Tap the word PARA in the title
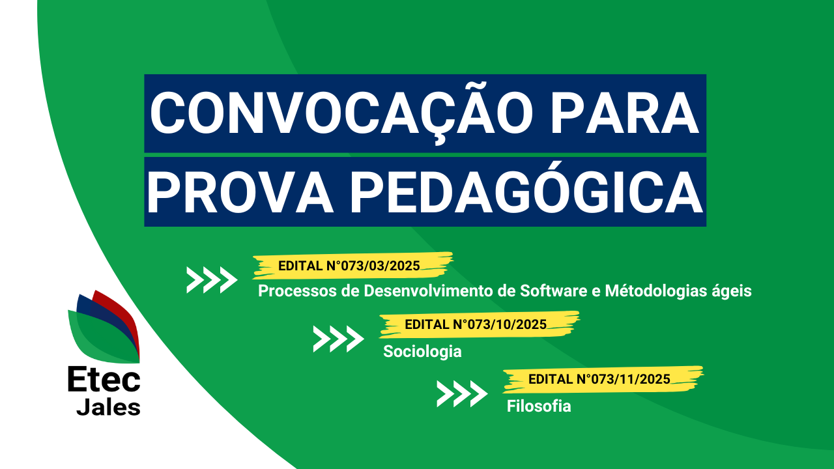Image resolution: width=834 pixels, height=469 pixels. [624, 113]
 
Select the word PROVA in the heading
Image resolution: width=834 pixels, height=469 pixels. [240, 192]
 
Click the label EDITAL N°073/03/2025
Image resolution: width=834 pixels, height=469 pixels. [349, 266]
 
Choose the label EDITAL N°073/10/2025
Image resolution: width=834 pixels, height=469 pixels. [476, 324]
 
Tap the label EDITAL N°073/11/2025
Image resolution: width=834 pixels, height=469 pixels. [599, 379]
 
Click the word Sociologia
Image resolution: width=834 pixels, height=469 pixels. [422, 352]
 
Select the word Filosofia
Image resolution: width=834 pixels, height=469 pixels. [539, 406]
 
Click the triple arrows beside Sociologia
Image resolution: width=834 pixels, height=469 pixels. [338, 339]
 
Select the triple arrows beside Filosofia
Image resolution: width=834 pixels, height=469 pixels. [462, 393]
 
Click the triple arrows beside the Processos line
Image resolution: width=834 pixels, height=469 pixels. [212, 279]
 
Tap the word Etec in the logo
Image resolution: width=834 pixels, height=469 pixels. [104, 379]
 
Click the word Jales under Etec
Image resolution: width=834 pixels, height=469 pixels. [108, 407]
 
